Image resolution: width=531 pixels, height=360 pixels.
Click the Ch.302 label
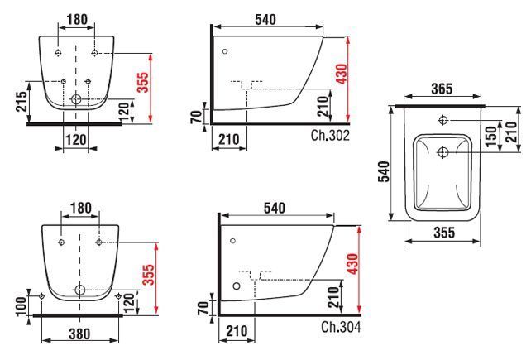[330, 135]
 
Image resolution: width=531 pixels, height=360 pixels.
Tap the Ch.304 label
[341, 327]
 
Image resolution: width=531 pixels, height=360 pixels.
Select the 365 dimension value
[442, 89]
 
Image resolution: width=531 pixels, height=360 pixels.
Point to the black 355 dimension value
[444, 233]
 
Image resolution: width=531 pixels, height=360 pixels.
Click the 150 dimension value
[490, 137]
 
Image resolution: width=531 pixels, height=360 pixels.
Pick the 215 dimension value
[22, 101]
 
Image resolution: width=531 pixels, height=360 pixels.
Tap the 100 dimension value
[21, 306]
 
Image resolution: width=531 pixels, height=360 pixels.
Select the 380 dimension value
[79, 334]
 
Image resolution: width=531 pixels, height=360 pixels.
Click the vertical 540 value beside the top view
[384, 171]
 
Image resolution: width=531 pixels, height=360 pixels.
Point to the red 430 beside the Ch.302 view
[342, 74]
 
